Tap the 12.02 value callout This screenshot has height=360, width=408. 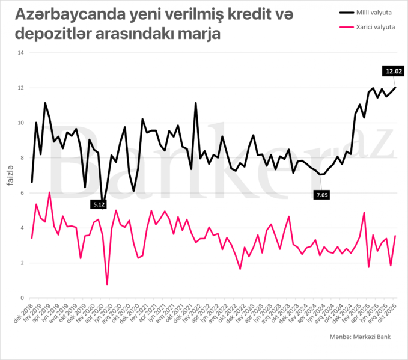click(394, 71)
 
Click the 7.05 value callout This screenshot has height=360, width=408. click(321, 194)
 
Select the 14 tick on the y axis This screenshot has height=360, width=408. click(20, 53)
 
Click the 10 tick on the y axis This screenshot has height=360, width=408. click(20, 123)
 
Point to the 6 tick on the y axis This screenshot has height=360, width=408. click(22, 193)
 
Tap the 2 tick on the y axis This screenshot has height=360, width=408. click(22, 263)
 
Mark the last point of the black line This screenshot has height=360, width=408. click(395, 88)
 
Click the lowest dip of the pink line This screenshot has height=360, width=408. click(107, 284)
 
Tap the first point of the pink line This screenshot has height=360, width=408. click(32, 238)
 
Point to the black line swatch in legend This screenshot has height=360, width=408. click(347, 11)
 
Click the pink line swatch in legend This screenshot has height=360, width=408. click(347, 28)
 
